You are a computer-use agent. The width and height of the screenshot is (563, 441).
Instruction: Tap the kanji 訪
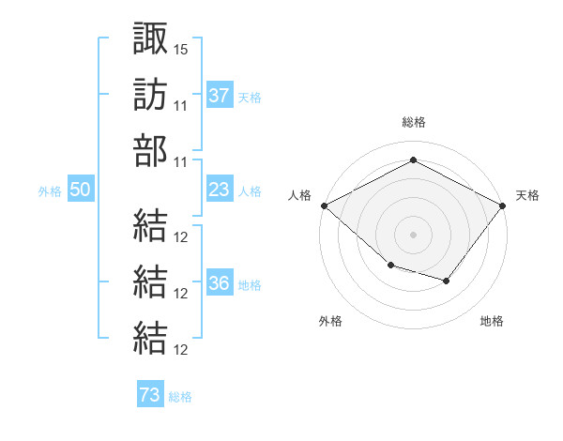click(x=150, y=95)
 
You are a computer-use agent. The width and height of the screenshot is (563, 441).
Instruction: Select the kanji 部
click(x=150, y=150)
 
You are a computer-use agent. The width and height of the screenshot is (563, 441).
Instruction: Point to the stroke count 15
click(x=181, y=47)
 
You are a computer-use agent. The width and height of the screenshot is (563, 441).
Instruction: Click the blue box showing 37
click(x=220, y=95)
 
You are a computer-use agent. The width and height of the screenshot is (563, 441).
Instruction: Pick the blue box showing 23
click(x=220, y=190)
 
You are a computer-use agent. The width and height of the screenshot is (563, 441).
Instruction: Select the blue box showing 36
click(x=220, y=283)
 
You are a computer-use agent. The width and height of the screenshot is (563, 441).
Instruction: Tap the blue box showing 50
click(x=81, y=190)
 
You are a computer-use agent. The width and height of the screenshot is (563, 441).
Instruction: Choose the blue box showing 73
click(x=150, y=395)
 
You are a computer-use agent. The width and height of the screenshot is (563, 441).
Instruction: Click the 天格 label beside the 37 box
click(x=250, y=97)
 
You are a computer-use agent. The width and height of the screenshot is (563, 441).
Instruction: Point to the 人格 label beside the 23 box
click(x=250, y=190)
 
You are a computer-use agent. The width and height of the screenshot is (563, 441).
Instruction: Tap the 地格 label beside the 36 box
click(x=250, y=284)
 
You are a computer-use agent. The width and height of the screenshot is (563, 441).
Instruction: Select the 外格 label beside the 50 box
click(x=50, y=190)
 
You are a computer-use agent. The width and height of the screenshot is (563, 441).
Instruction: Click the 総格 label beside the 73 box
click(x=180, y=396)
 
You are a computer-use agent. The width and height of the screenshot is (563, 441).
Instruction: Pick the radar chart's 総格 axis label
click(x=414, y=122)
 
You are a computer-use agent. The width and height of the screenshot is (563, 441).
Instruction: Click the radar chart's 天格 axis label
click(x=528, y=195)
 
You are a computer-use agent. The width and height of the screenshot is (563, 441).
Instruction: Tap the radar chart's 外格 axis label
click(x=330, y=321)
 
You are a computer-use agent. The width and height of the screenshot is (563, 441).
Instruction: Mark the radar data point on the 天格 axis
click(x=504, y=205)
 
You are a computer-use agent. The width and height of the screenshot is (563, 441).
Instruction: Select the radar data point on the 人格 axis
click(x=324, y=205)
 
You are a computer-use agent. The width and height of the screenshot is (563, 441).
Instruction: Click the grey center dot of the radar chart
click(x=414, y=234)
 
